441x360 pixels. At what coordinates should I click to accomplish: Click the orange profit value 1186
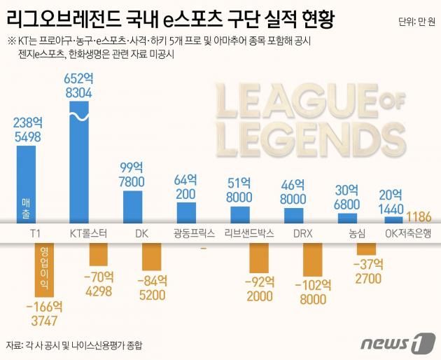tap(419, 216)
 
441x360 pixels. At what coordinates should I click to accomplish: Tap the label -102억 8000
tap(311, 292)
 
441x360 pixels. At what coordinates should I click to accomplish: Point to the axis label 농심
tap(357, 233)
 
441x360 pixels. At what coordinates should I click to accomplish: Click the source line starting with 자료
tap(80, 345)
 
